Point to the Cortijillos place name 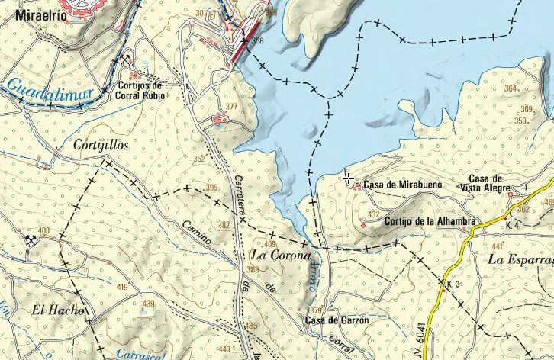pyautogui.click(x=101, y=144)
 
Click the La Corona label pyautogui.click(x=282, y=255)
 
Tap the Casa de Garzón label pyautogui.click(x=337, y=320)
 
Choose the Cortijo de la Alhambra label pyautogui.click(x=430, y=221)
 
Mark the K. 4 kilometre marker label pyautogui.click(x=512, y=226)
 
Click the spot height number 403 pyautogui.click(x=43, y=230)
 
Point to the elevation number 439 pyautogui.click(x=148, y=304)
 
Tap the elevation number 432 pyautogui.click(x=373, y=215)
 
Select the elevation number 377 pyautogui.click(x=231, y=107)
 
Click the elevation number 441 pyautogui.click(x=498, y=246)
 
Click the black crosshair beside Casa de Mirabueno pyautogui.click(x=349, y=178)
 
